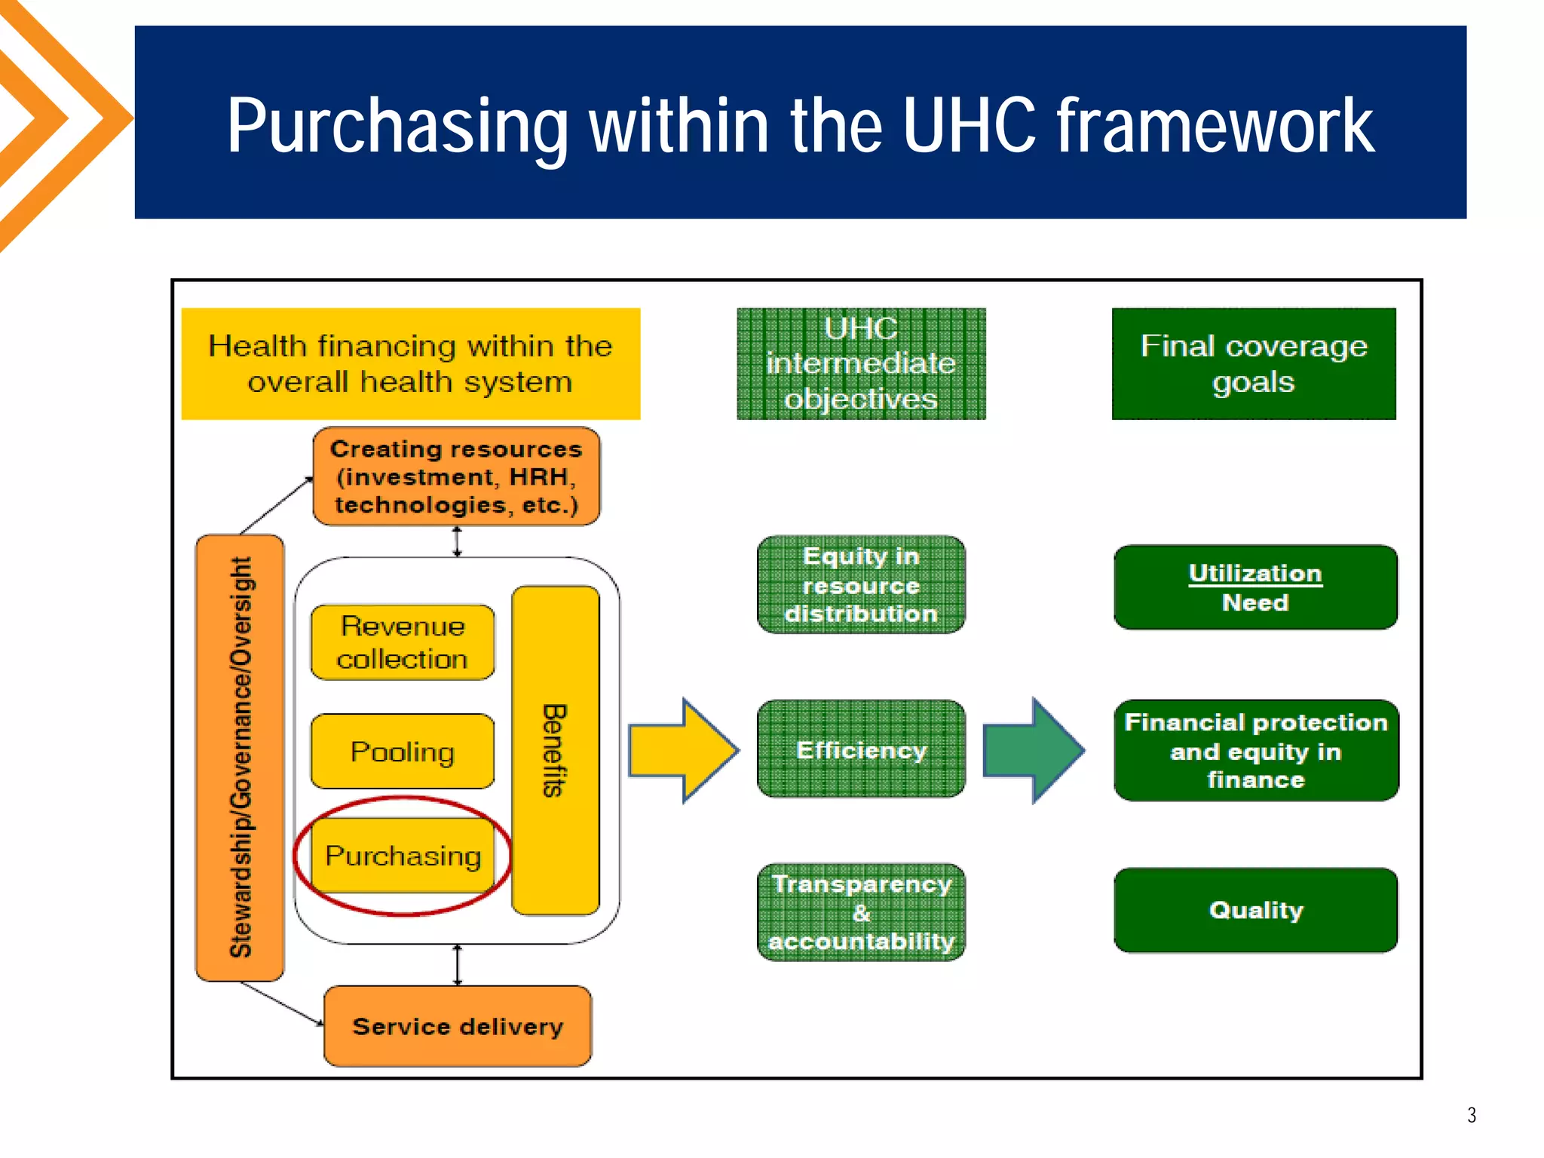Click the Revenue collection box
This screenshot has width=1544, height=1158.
pyautogui.click(x=403, y=642)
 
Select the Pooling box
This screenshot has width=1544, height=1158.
pyautogui.click(x=403, y=752)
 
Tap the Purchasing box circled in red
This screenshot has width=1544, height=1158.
pyautogui.click(x=403, y=856)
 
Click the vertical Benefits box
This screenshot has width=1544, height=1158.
pyautogui.click(x=556, y=751)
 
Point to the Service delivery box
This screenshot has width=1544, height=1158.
pyautogui.click(x=458, y=1026)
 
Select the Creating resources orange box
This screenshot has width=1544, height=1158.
pyautogui.click(x=456, y=476)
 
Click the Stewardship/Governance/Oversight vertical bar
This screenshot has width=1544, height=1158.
pyautogui.click(x=240, y=758)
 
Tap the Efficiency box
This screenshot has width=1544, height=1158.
pyautogui.click(x=861, y=749)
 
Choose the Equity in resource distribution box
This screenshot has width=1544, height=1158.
pyautogui.click(x=861, y=585)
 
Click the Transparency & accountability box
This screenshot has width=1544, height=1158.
pyautogui.click(x=861, y=912)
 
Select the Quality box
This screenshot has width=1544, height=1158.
pyautogui.click(x=1255, y=910)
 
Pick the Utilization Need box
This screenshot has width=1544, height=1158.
pyautogui.click(x=1255, y=587)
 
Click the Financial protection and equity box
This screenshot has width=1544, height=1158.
pyautogui.click(x=1255, y=750)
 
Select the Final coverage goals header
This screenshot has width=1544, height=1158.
pyautogui.click(x=1254, y=363)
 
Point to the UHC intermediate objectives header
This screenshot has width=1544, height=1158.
pyautogui.click(x=861, y=363)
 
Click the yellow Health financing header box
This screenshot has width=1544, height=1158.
pyautogui.click(x=411, y=363)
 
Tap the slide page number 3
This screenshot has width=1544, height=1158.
pyautogui.click(x=1471, y=1115)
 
